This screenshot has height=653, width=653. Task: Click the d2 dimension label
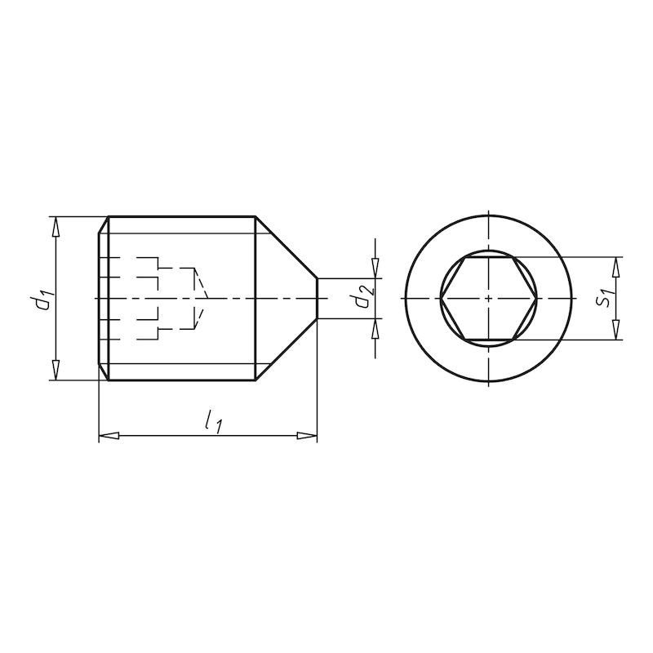click(x=365, y=299)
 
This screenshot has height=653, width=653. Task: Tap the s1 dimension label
click(x=602, y=298)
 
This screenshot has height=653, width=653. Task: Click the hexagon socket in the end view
click(x=488, y=299)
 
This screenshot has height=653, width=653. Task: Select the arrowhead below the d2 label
click(x=375, y=327)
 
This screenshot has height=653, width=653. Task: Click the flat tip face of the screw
click(x=318, y=299)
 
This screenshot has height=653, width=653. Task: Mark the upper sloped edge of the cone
click(x=287, y=247)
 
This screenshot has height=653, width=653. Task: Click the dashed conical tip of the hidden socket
click(x=202, y=299)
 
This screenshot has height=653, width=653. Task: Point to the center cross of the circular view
click(x=488, y=299)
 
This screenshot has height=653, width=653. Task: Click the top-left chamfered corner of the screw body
click(x=104, y=224)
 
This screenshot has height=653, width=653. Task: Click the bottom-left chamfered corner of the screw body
click(x=104, y=372)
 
